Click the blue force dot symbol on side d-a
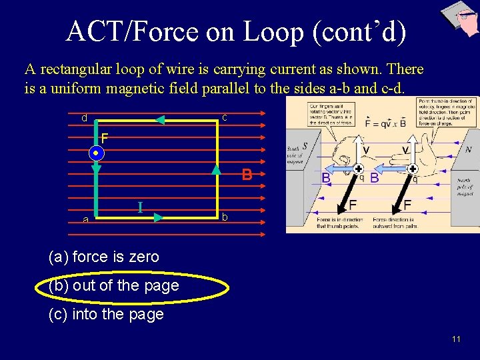point(96,153)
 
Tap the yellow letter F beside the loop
point(105,139)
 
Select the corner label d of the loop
point(84,118)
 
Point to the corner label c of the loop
point(225,118)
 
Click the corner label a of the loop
point(85,219)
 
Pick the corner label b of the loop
point(225,217)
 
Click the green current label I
point(141,207)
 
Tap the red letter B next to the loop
point(247,175)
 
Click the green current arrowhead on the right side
point(216,170)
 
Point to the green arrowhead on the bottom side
point(159,217)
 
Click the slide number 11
point(456,339)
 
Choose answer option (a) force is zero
point(104,257)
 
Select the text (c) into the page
point(106,315)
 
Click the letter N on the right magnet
point(468,149)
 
